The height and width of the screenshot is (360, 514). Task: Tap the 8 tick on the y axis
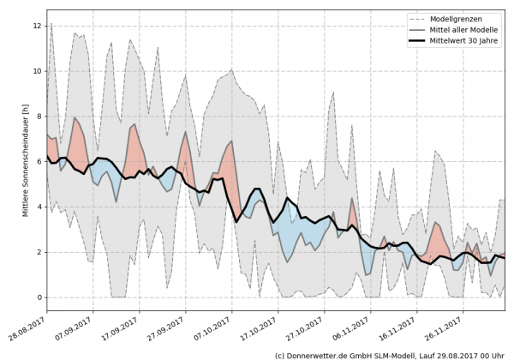pos(38,117)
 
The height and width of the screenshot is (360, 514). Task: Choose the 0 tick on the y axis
pos(38,297)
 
